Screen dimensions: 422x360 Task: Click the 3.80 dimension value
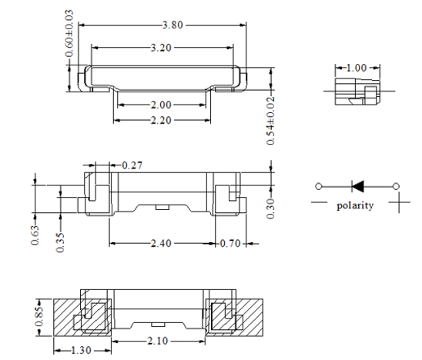click(x=172, y=25)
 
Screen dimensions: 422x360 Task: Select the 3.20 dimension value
click(x=161, y=48)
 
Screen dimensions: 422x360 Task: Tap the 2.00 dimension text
click(x=161, y=105)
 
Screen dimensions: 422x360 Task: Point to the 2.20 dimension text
click(x=161, y=120)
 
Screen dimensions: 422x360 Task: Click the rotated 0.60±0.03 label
click(x=69, y=34)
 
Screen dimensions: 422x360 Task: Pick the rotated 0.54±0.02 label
click(x=271, y=121)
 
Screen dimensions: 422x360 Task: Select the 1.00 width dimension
click(x=357, y=68)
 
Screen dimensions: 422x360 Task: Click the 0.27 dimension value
click(x=132, y=165)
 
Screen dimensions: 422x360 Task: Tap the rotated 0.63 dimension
click(x=35, y=235)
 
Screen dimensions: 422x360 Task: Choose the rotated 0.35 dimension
click(x=60, y=242)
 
